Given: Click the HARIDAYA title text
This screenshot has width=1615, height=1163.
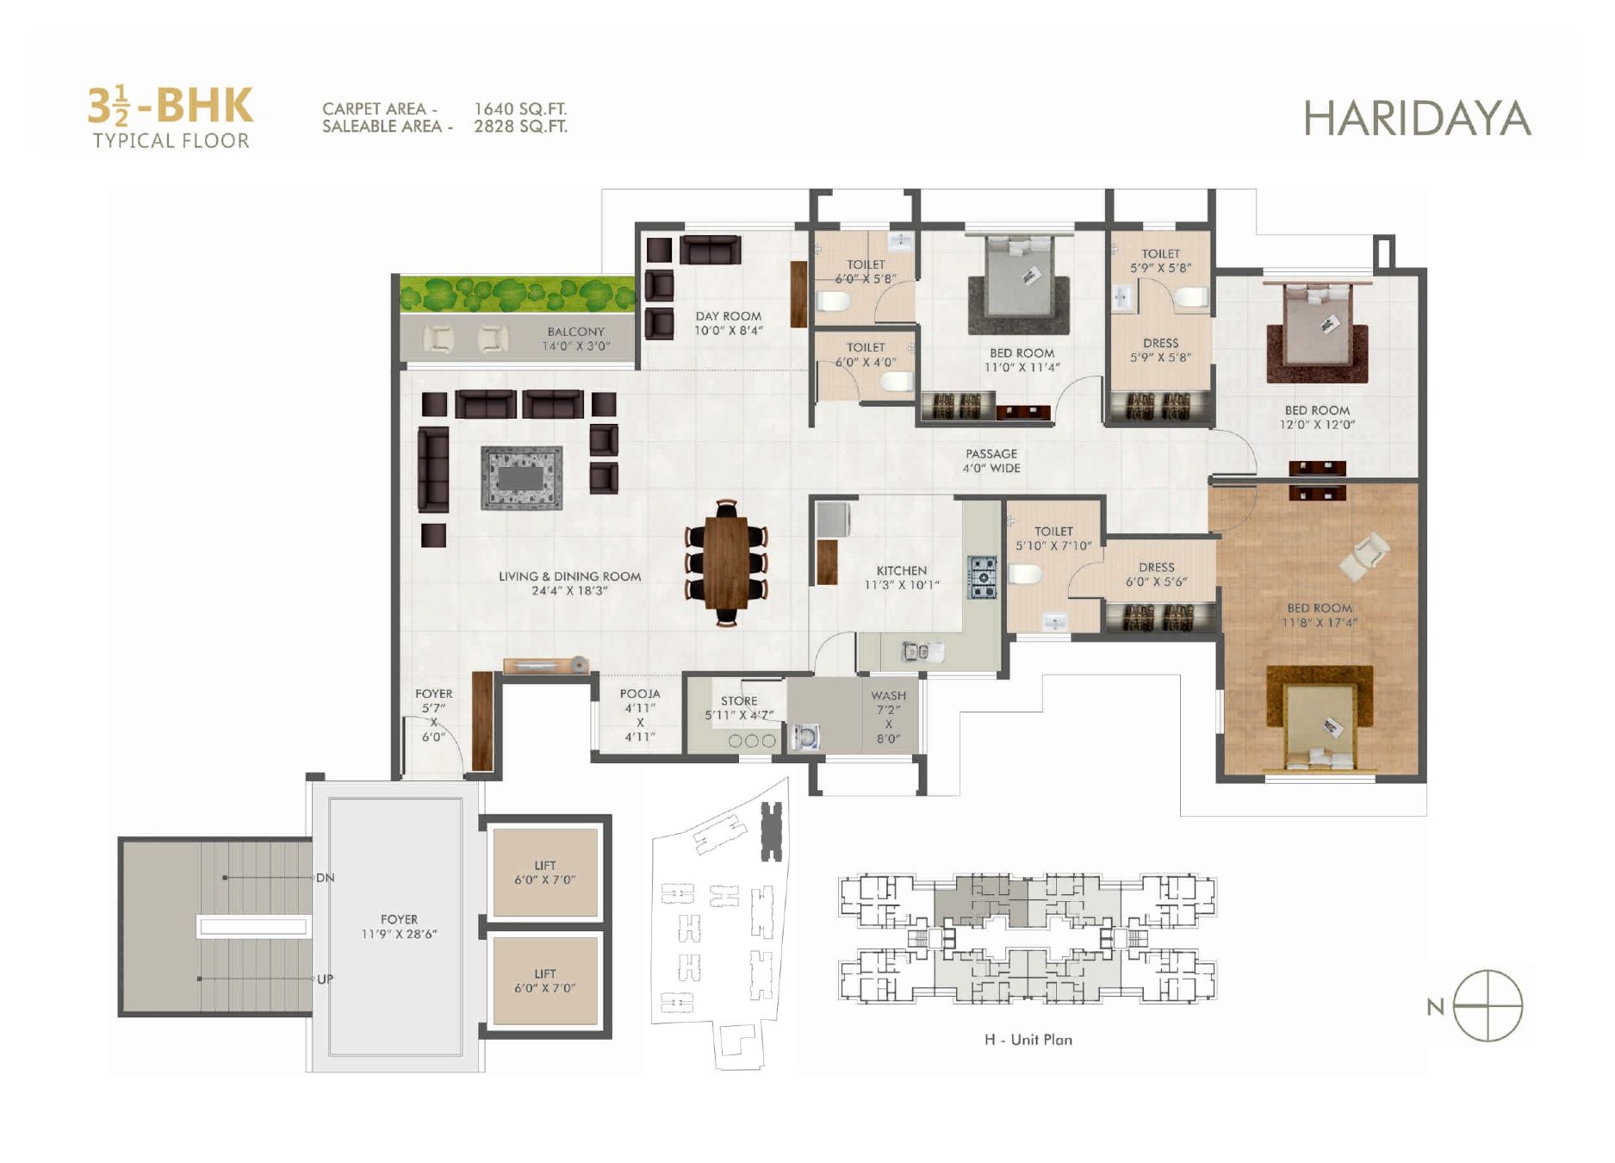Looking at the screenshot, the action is click(x=1417, y=119).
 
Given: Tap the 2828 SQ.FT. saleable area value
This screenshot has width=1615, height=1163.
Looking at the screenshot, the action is click(x=520, y=127).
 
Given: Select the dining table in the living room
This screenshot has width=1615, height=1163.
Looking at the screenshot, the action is click(x=726, y=563).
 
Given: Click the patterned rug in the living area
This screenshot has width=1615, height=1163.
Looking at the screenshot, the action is click(x=521, y=477).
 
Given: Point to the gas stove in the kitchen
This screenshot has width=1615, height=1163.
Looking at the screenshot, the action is click(x=982, y=577).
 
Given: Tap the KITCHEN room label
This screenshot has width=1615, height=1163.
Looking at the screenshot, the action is click(x=902, y=570).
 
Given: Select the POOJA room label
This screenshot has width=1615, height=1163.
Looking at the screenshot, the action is click(x=640, y=693).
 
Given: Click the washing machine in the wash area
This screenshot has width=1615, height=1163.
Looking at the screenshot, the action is click(x=804, y=737).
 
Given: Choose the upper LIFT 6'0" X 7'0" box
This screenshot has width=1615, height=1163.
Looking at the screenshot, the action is click(x=544, y=873).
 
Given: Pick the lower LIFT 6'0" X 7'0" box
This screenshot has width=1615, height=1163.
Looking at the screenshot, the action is click(x=544, y=981).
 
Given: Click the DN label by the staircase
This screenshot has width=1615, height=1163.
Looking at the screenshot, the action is click(x=325, y=878).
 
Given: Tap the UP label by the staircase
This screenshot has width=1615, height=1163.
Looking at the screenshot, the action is click(x=325, y=980).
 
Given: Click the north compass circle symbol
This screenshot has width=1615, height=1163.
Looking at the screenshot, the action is click(x=1488, y=1005).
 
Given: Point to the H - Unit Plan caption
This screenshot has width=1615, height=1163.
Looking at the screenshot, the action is click(x=1028, y=1040).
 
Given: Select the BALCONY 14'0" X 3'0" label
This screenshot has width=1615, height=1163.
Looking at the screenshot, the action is click(x=575, y=339).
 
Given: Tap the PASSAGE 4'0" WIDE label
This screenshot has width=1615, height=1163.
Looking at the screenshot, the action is click(x=991, y=461).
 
